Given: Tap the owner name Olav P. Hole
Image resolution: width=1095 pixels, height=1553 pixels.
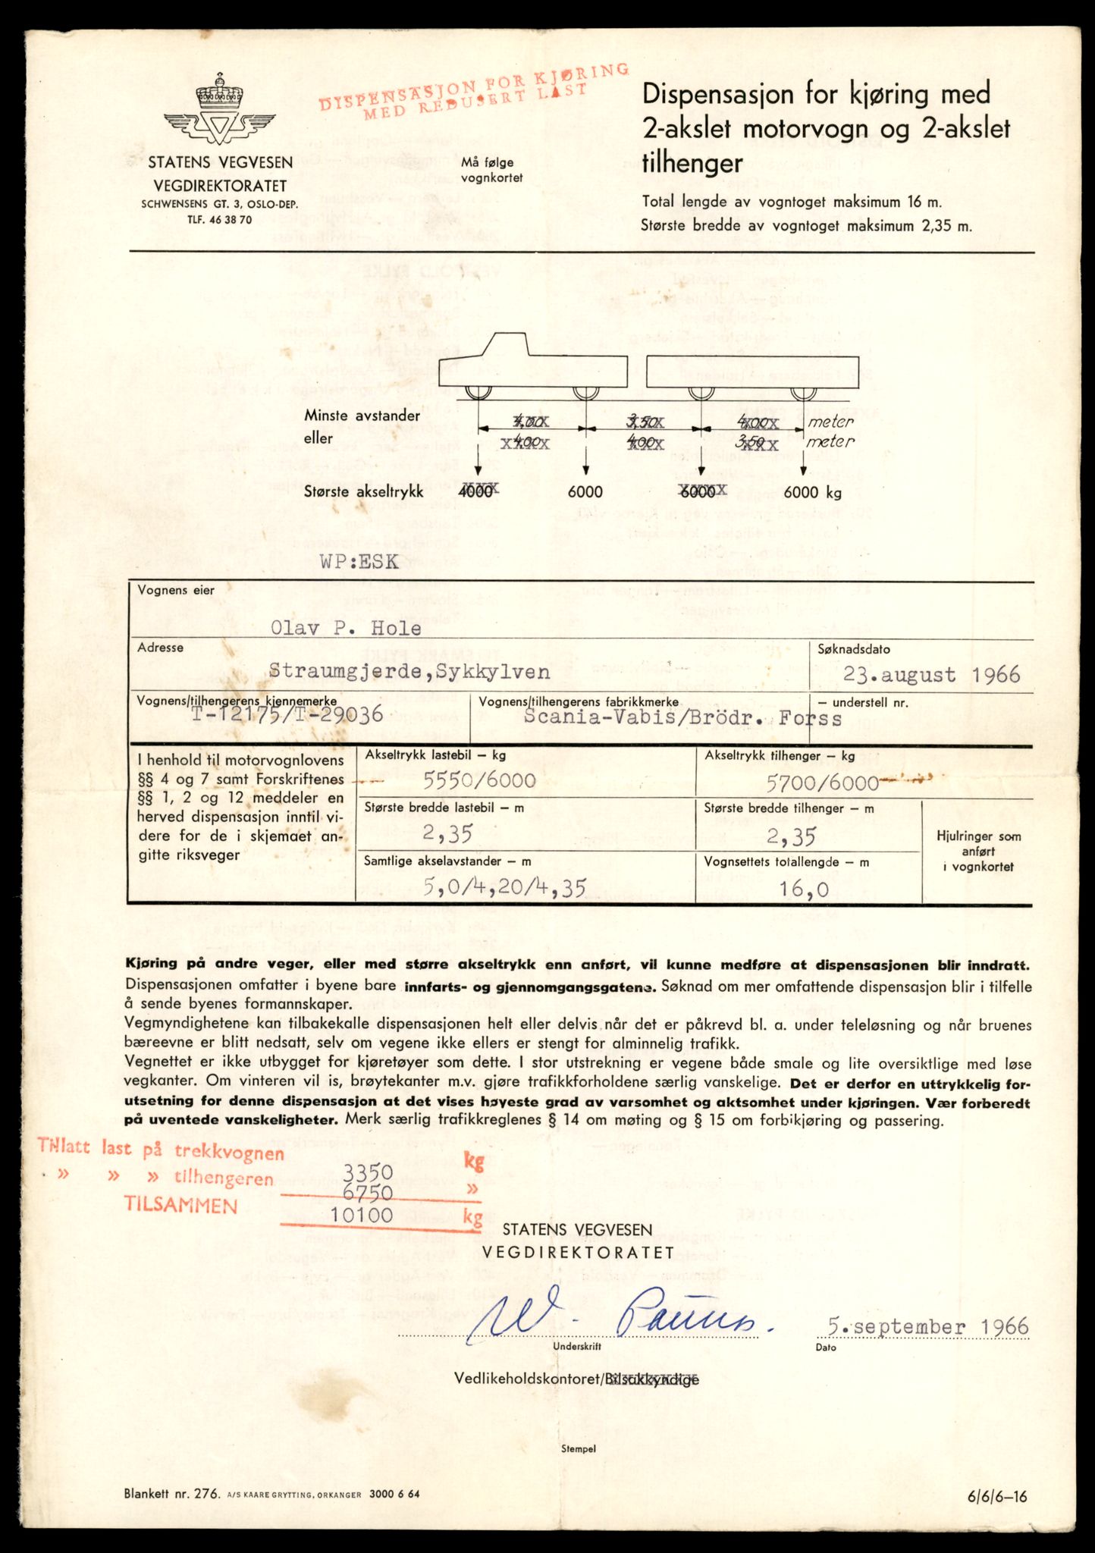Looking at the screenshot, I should [x=346, y=628].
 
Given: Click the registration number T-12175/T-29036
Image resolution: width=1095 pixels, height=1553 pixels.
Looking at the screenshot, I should [x=288, y=716].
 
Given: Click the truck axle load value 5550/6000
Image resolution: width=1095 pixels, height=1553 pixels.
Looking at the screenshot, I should [x=479, y=780].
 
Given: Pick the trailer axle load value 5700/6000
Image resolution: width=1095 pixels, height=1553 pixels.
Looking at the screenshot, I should [x=821, y=782].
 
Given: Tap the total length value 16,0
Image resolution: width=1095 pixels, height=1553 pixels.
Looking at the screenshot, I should [x=805, y=888].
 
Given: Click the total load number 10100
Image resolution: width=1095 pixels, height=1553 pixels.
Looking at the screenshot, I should [x=362, y=1215].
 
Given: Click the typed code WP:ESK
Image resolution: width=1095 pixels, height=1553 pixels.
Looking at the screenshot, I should [x=359, y=563].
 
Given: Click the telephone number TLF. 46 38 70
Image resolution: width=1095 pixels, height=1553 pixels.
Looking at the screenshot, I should [x=220, y=220].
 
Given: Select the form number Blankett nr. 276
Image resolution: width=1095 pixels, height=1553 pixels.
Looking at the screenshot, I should [x=171, y=1494].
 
